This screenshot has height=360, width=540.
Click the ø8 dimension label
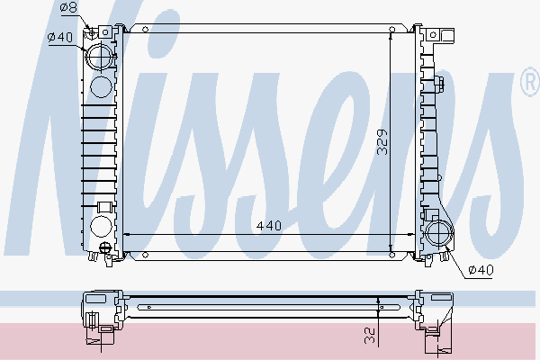68,9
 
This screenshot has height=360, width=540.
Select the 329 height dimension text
382,143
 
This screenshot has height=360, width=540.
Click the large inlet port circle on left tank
101,56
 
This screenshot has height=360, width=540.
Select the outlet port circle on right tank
439,234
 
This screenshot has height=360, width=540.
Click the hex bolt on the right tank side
441,86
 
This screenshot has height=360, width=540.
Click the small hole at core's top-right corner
391,31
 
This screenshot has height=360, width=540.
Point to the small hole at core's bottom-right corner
391,255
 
